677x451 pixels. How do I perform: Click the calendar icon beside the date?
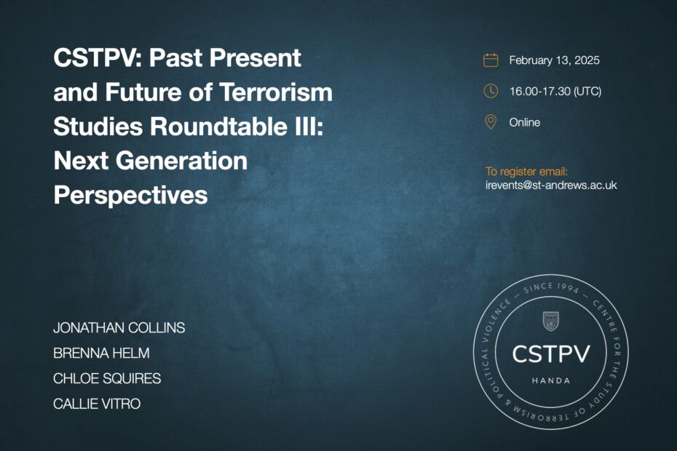pos(491,60)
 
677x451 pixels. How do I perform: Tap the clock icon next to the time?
pos(491,91)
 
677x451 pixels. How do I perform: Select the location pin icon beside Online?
pos(491,122)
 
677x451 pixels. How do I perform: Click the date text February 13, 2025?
pos(555,60)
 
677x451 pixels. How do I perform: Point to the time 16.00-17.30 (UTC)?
pos(555,92)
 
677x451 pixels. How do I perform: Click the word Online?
pos(525,122)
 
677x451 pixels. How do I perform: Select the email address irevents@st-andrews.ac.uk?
pos(551,185)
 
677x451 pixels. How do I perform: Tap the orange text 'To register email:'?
pos(527,172)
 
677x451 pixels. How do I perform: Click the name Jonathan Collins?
pos(119,328)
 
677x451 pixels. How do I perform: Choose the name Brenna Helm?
pos(101,353)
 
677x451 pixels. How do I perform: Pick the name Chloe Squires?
pos(107,378)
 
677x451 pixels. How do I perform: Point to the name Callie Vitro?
pos(97,404)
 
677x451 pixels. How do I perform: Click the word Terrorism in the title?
pos(276,92)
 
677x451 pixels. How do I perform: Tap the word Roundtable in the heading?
pos(218,126)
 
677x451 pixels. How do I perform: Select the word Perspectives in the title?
pos(131,195)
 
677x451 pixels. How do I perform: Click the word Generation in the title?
pos(181,161)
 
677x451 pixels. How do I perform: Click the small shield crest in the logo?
pos(550,321)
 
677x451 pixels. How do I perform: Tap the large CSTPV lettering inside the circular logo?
pos(551,354)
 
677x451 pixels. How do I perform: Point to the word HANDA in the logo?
pos(551,380)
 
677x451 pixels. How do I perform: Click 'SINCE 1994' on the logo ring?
pos(551,287)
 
